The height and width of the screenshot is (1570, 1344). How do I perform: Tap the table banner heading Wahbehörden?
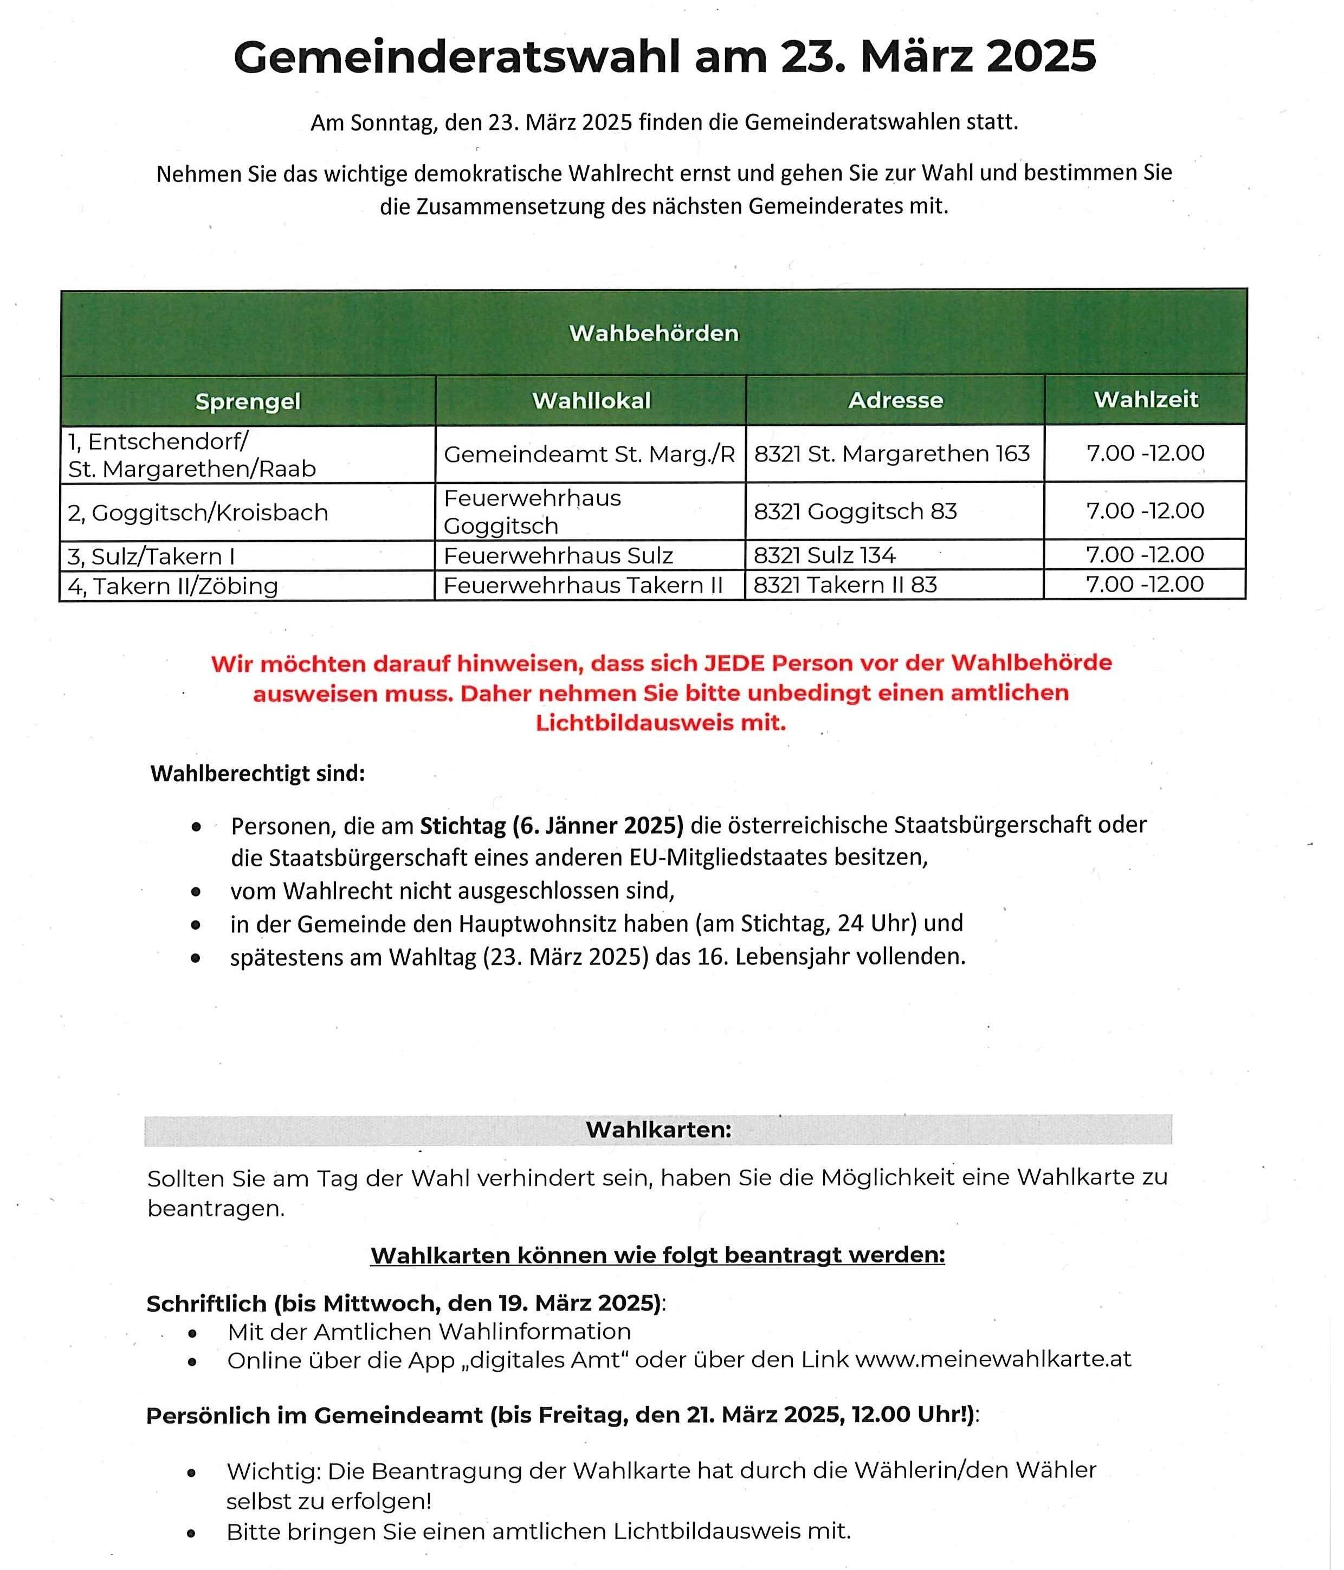[654, 333]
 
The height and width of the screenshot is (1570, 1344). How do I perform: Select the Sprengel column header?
[248, 401]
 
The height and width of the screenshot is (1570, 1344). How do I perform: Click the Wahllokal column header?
[591, 401]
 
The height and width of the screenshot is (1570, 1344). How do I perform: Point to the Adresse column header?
[895, 400]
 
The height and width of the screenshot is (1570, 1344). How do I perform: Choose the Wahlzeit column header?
[1146, 399]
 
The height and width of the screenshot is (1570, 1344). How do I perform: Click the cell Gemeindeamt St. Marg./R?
[589, 454]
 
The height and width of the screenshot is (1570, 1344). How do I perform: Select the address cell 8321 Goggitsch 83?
[855, 511]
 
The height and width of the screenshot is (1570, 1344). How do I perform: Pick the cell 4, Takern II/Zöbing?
[173, 586]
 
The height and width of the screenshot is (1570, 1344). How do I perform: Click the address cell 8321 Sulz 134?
[825, 555]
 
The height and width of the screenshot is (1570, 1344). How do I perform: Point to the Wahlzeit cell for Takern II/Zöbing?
[1145, 584]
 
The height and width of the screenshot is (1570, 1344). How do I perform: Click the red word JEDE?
[734, 663]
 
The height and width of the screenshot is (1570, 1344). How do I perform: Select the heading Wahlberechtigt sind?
[258, 774]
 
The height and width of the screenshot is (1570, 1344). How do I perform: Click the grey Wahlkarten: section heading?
[658, 1130]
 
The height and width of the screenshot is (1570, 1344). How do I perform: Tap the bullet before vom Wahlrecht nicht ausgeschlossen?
[196, 892]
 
